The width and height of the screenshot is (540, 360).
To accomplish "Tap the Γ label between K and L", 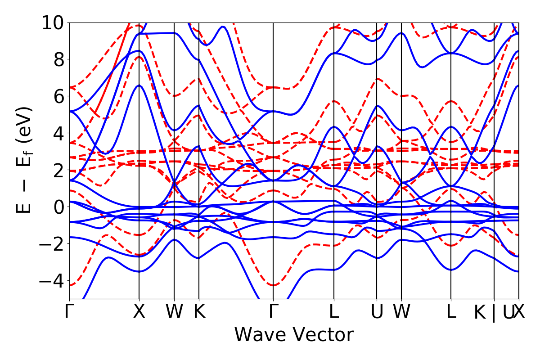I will point(273,311).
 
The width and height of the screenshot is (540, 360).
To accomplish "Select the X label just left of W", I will point(139,311).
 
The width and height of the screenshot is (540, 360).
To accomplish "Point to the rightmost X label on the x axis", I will point(519,311).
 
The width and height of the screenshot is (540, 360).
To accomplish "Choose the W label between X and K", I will point(174,311).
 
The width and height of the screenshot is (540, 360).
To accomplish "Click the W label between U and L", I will point(401,311).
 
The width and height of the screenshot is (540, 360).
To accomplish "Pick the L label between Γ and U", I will point(334,311).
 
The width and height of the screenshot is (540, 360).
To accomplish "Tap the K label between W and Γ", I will point(199,311).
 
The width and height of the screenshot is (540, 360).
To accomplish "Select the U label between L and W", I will point(377,311).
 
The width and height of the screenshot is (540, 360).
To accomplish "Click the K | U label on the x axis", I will point(494,312).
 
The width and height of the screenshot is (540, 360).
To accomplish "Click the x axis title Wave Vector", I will point(294,335).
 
